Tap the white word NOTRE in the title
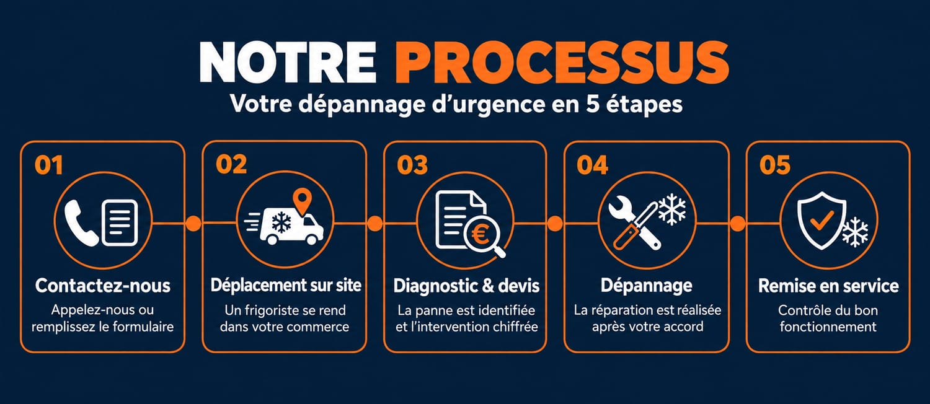click(288, 62)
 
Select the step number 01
click(49, 165)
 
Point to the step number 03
click(412, 165)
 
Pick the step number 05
click(775, 165)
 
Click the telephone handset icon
click(81, 222)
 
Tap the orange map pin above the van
click(303, 201)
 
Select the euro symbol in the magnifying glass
click(480, 235)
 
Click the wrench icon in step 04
click(634, 224)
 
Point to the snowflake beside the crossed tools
click(672, 209)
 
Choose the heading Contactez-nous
click(102, 286)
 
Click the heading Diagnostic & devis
click(466, 286)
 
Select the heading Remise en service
click(828, 286)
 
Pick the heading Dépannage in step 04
click(647, 286)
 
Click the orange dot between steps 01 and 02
click(193, 224)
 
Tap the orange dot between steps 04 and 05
click(737, 224)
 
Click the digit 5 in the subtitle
click(593, 103)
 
